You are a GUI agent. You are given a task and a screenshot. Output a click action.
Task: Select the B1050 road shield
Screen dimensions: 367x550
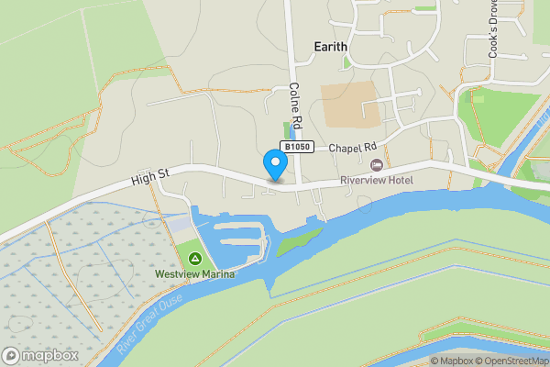[x=297, y=147]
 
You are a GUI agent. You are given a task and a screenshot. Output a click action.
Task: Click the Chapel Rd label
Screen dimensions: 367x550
[x=353, y=147]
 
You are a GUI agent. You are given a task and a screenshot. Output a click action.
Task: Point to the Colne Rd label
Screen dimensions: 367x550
[x=295, y=103]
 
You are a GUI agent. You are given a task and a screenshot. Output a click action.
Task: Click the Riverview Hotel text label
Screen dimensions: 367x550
[x=376, y=180]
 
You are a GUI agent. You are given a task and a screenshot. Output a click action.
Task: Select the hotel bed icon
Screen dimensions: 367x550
[x=376, y=164]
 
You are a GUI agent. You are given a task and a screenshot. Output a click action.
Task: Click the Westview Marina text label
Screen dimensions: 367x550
[x=194, y=274]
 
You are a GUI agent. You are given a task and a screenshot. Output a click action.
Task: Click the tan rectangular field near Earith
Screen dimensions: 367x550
[x=347, y=106]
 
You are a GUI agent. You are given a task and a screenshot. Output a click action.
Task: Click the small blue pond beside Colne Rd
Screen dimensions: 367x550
[x=290, y=129]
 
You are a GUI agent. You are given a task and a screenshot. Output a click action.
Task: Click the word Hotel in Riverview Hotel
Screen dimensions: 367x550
[x=397, y=180]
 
